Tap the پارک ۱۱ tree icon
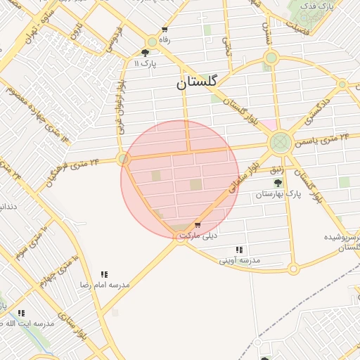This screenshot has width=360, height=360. pos(145,52)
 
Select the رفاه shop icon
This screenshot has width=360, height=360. pos(165,30)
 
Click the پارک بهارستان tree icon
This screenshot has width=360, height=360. pos(277,183)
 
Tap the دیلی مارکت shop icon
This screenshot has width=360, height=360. pos(197,225)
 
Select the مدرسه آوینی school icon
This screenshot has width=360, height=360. pos(239,250)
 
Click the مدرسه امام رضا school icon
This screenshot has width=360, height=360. pos(104,274)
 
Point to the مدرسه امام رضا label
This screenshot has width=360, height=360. pos(105,285)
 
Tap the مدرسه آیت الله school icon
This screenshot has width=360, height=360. pos(21,313)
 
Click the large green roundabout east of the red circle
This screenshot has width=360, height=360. pos(281,143)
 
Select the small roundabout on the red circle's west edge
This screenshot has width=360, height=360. pos(124,160)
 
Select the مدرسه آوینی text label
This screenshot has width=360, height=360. pos(239,260)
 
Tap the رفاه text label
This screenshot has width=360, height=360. pos(165,40)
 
